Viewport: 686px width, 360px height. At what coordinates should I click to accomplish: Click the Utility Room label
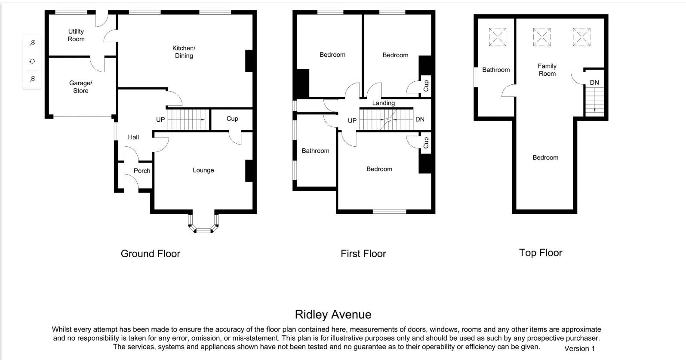coord(76,35)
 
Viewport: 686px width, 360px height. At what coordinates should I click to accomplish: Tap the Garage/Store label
coord(80,87)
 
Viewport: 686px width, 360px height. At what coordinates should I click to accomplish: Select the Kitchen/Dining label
coord(184,52)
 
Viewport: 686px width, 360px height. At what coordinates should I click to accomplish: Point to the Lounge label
coord(203,170)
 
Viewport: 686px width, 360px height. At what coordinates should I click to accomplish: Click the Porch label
coord(142,171)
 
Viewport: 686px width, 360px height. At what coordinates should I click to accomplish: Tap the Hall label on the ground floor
coord(133,137)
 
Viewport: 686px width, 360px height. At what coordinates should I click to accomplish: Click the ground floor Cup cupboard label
coord(232,119)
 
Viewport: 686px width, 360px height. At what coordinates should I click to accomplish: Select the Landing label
coord(383,103)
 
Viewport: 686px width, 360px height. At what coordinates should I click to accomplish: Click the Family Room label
coord(547,70)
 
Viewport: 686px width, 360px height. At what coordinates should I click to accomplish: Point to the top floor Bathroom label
coord(496,70)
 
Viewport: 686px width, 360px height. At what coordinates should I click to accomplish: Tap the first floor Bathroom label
coord(315,151)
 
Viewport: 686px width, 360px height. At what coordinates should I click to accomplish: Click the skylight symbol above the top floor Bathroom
coord(497,37)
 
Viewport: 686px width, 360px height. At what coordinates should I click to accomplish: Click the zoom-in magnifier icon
coord(32,43)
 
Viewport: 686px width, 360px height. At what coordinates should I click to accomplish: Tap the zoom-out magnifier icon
coord(32,79)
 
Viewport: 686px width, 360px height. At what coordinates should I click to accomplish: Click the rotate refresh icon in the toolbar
coord(32,61)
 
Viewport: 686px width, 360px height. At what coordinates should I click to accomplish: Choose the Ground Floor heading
coord(151,254)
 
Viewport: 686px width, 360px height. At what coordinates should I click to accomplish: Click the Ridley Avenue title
coord(333,315)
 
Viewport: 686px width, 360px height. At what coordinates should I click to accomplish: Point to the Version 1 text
coord(579,349)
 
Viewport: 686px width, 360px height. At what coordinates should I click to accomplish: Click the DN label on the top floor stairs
coord(594,83)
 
